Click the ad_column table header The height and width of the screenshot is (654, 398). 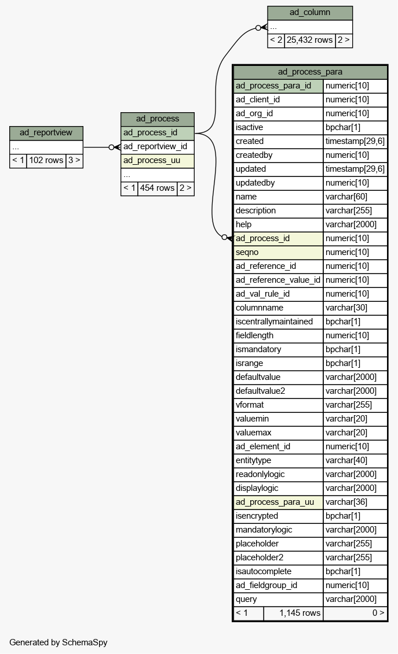click(310, 13)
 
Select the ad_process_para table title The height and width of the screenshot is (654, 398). click(310, 72)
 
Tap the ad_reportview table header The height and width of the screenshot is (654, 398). click(46, 133)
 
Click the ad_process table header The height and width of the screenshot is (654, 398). click(158, 119)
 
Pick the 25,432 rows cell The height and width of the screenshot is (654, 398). click(310, 40)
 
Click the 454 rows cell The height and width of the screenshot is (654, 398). click(157, 188)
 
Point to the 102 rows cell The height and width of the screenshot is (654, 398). click(46, 160)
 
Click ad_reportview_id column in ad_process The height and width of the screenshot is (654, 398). click(155, 147)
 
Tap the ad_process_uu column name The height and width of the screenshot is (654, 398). click(152, 161)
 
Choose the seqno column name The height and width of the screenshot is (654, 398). click(247, 252)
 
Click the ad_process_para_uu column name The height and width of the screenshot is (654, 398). click(275, 502)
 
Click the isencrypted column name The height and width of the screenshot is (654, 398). click(257, 516)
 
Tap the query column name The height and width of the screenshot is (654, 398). click(246, 600)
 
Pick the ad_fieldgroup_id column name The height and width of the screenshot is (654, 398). click(266, 586)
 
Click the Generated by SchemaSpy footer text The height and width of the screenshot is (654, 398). click(59, 642)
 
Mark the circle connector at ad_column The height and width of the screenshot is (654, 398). click(258, 28)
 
